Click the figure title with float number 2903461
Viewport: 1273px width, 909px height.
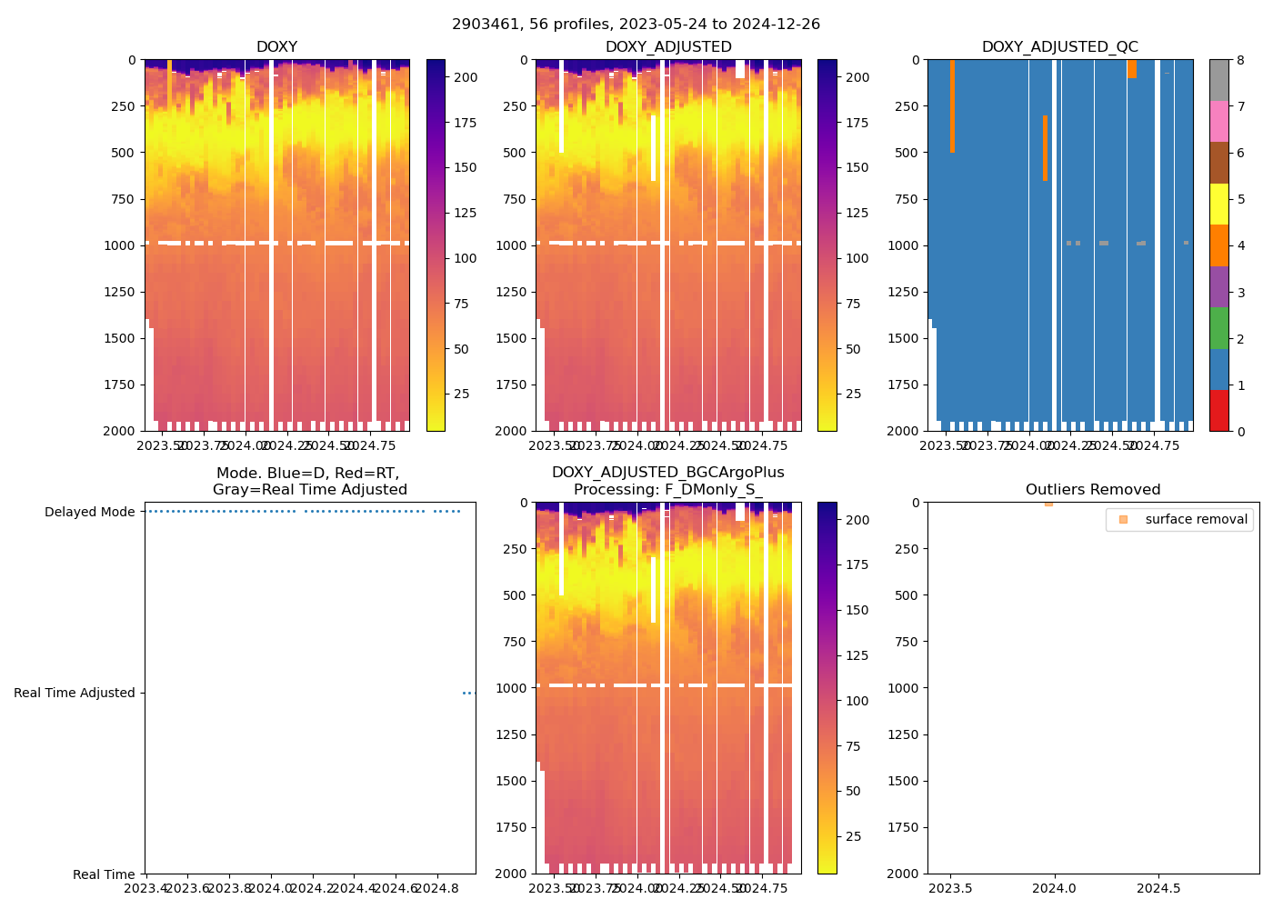coord(636,25)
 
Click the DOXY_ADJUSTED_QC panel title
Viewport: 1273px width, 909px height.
coord(1059,47)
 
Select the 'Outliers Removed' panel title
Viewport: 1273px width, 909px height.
coord(1093,490)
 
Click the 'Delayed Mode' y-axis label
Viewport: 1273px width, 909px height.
coord(90,512)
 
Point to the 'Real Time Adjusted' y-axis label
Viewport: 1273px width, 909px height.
coord(75,693)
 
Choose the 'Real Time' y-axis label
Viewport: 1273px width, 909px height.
coord(104,874)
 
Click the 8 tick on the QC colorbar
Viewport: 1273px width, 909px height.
coord(1240,60)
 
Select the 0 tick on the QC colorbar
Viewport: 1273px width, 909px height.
coord(1240,431)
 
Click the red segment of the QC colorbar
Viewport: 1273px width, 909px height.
coord(1218,411)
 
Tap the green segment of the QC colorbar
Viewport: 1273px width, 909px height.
coord(1218,328)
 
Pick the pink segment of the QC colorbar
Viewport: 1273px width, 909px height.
coord(1218,122)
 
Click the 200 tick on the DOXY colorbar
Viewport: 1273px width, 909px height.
coord(466,77)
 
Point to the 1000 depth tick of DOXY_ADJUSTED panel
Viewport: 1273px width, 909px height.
coord(512,245)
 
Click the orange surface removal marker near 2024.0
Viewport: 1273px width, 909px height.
coord(1048,504)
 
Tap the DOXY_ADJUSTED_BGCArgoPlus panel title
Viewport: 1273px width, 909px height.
coord(667,481)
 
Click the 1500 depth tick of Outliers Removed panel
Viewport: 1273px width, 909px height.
coord(906,781)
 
